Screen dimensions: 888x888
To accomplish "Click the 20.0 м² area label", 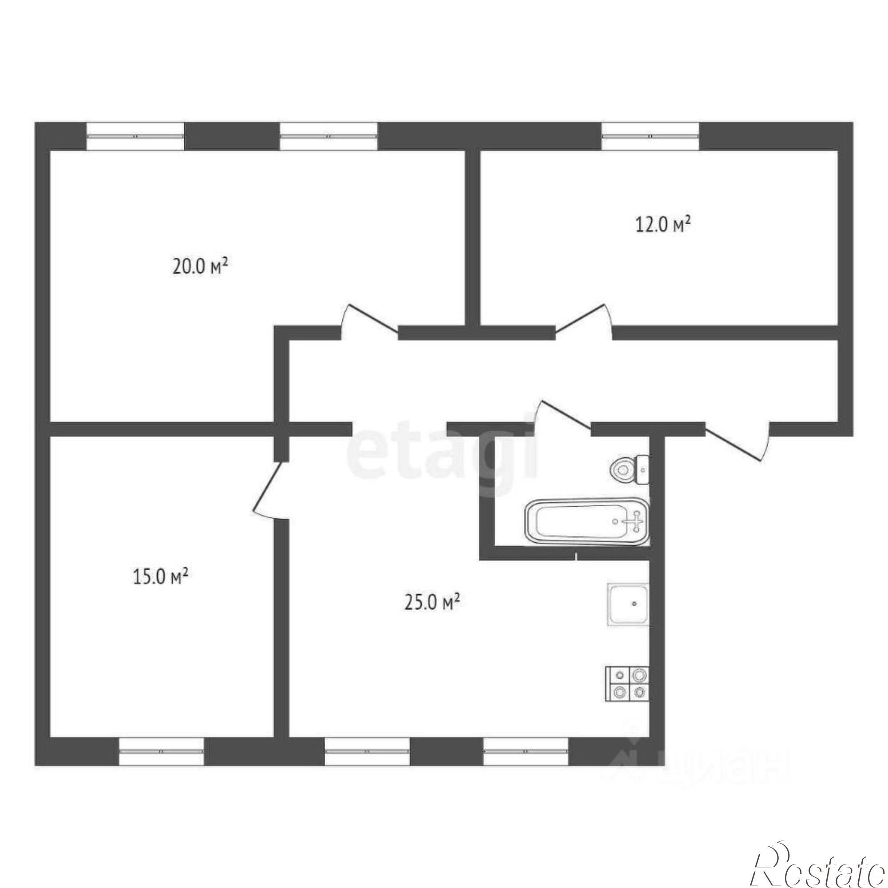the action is [200, 266].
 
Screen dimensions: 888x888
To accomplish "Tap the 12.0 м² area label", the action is [663, 225].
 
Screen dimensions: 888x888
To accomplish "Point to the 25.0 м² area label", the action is [432, 602].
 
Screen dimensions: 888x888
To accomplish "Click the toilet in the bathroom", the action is [630, 469].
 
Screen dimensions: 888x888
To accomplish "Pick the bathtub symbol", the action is [587, 522].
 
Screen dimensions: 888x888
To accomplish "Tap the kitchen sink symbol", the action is [628, 604].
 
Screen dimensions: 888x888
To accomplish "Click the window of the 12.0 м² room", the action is [650, 136].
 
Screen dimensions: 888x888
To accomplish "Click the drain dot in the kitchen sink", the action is [634, 603].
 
